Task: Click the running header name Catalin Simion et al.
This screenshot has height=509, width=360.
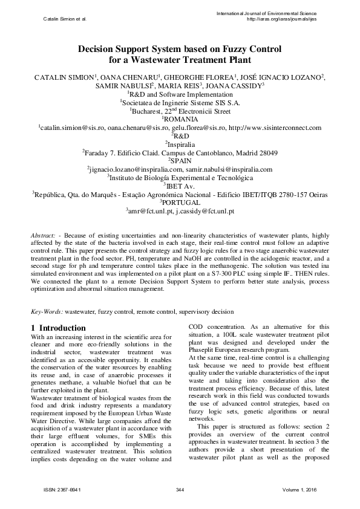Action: (x=65, y=19)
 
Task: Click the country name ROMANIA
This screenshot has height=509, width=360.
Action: (x=181, y=120)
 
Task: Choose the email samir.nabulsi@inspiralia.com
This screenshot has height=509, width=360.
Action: (x=234, y=170)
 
